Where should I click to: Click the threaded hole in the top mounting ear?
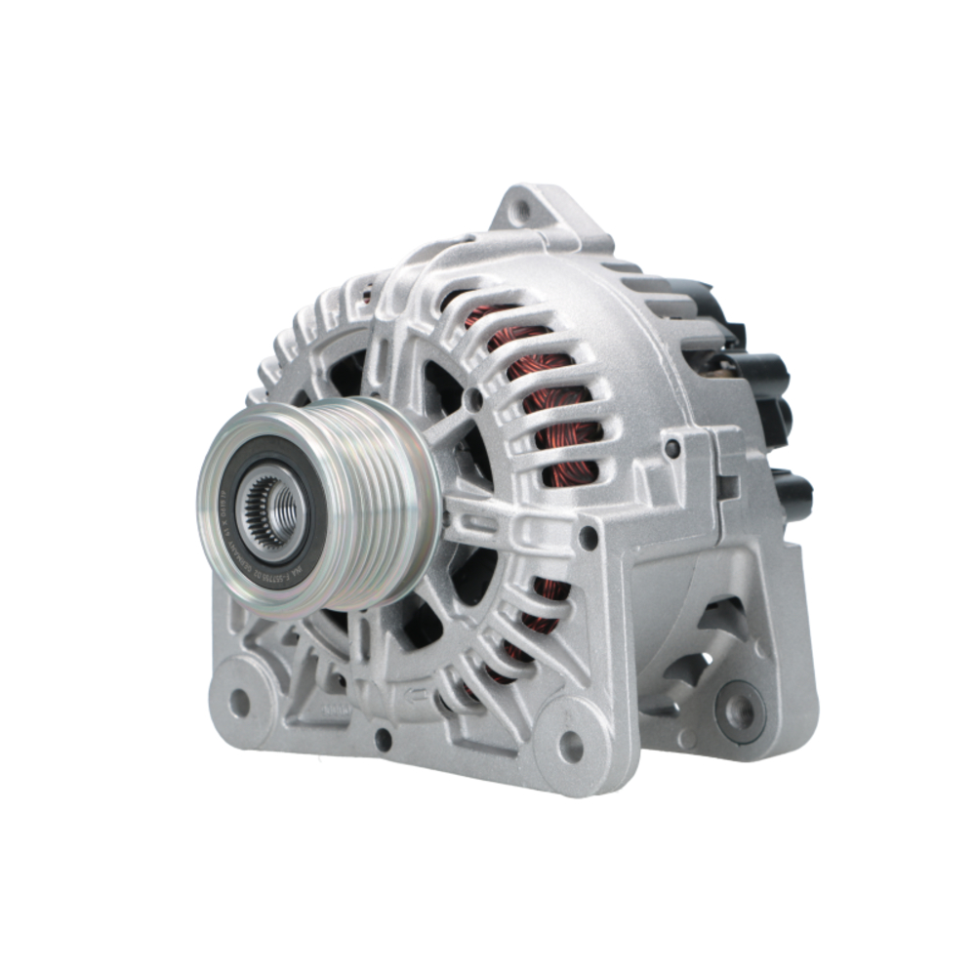[x=523, y=207]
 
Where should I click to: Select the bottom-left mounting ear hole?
[x=239, y=700]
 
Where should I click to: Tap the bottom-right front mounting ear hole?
[x=572, y=746]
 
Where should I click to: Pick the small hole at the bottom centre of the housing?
[x=384, y=739]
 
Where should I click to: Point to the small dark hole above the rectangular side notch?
[x=672, y=448]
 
